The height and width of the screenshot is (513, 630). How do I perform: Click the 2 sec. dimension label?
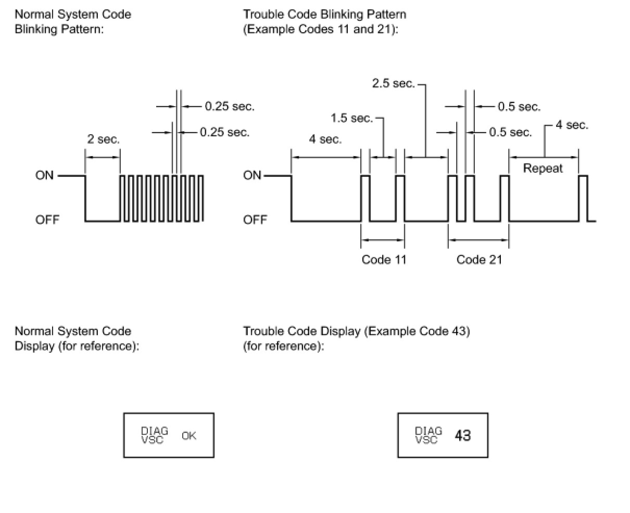click(103, 139)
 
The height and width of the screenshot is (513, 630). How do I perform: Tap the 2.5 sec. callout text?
click(393, 84)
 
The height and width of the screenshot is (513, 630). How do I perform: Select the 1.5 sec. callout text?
click(352, 119)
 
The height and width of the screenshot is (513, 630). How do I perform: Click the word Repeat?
click(543, 169)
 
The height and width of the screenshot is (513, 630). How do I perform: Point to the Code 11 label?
click(384, 260)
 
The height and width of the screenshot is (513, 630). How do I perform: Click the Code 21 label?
click(479, 260)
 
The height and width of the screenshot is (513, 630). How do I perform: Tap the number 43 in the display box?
click(462, 435)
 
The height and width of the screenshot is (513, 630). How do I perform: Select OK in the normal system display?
click(189, 435)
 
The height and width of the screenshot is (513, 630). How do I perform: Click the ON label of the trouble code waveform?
click(252, 175)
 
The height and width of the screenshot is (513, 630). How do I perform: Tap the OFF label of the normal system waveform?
click(47, 220)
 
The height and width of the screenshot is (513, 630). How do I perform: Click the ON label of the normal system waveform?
click(44, 175)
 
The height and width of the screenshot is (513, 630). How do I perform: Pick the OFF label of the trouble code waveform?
click(255, 220)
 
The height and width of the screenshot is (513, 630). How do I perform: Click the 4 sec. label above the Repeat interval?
click(572, 125)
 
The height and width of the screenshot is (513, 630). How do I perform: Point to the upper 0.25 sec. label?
click(230, 107)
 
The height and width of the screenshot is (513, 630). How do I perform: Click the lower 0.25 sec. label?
click(224, 132)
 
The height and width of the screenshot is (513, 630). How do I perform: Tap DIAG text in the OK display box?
click(155, 431)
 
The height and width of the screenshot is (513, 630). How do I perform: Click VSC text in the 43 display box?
click(426, 440)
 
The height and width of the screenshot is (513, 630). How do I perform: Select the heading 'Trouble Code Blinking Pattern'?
click(324, 14)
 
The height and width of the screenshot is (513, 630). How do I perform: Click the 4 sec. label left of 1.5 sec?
click(325, 139)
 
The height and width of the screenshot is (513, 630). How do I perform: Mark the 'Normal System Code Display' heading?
click(73, 331)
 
